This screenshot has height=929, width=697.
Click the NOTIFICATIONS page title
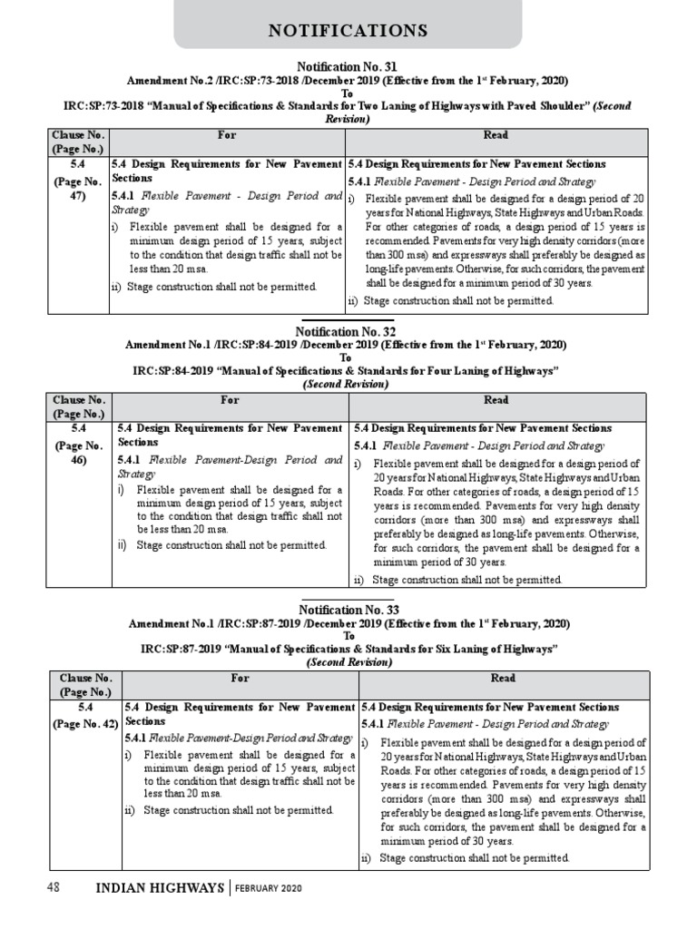tap(348, 31)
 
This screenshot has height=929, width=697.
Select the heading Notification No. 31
tap(348, 66)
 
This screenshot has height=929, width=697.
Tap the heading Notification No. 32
tap(348, 332)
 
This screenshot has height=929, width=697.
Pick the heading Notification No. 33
tap(348, 610)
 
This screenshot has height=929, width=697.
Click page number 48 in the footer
tap(54, 887)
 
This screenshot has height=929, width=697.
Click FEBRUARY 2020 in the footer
tap(269, 888)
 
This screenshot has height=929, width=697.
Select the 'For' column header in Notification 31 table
tap(227, 135)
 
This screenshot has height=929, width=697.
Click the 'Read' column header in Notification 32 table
tap(496, 399)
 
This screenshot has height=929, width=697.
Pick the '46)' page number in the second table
tap(79, 459)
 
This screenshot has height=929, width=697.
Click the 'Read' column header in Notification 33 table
tap(503, 678)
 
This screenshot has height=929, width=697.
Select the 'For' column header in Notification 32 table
tap(227, 399)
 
